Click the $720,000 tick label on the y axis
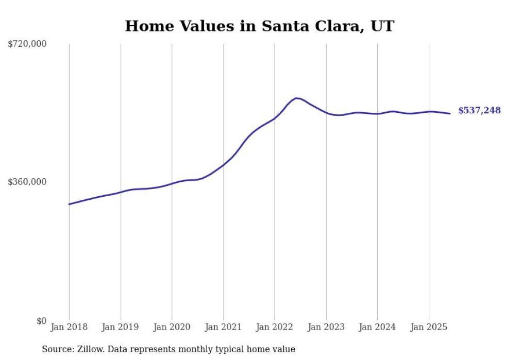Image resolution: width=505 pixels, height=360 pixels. tap(27, 44)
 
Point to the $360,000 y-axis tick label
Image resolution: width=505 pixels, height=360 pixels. tap(27, 182)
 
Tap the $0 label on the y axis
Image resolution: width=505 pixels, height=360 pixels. tap(41, 321)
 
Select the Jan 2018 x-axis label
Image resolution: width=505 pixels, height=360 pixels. tap(69, 327)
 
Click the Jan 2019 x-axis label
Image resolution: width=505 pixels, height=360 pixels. tap(121, 327)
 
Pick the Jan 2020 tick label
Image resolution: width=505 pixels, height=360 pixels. tap(172, 327)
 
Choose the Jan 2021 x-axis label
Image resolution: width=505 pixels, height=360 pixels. tap(223, 327)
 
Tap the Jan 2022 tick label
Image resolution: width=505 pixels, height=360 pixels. tap(275, 327)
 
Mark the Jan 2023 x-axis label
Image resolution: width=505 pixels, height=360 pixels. tap(326, 327)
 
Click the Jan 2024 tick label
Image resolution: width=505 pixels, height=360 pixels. tap(377, 327)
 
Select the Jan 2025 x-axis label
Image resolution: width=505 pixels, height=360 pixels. tap(429, 327)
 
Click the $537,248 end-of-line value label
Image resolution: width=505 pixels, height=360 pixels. tap(479, 110)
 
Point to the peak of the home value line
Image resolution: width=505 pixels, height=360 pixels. tap(296, 98)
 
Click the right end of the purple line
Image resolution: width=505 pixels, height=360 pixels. tap(450, 113)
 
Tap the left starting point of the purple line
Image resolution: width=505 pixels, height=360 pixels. tap(69, 204)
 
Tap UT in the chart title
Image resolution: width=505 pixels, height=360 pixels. tap(384, 26)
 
